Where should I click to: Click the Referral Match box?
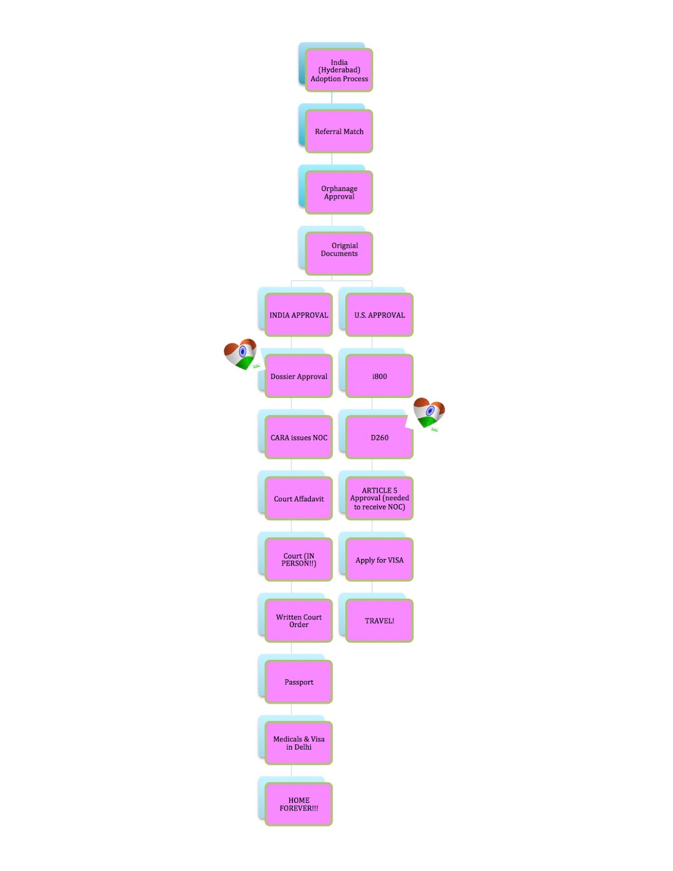coord(339,132)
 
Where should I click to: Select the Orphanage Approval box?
coord(339,192)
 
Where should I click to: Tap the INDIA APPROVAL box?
coord(298,315)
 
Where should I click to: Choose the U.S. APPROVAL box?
coord(379,315)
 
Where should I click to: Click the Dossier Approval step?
coord(298,376)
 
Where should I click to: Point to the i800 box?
coord(379,376)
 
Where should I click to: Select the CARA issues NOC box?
coord(298,437)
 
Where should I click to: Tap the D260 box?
coord(379,437)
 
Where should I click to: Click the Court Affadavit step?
coord(298,499)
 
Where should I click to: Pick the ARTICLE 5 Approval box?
coord(379,499)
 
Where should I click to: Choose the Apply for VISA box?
coord(379,560)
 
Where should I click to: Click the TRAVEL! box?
coord(379,621)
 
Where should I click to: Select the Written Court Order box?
coord(298,621)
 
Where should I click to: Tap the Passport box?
coord(298,682)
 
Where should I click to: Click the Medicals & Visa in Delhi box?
coord(298,743)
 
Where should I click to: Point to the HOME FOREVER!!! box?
coord(298,804)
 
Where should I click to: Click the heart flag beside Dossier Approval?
coord(241,354)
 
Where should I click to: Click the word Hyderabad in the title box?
coord(339,70)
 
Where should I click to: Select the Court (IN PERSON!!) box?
coord(298,560)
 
